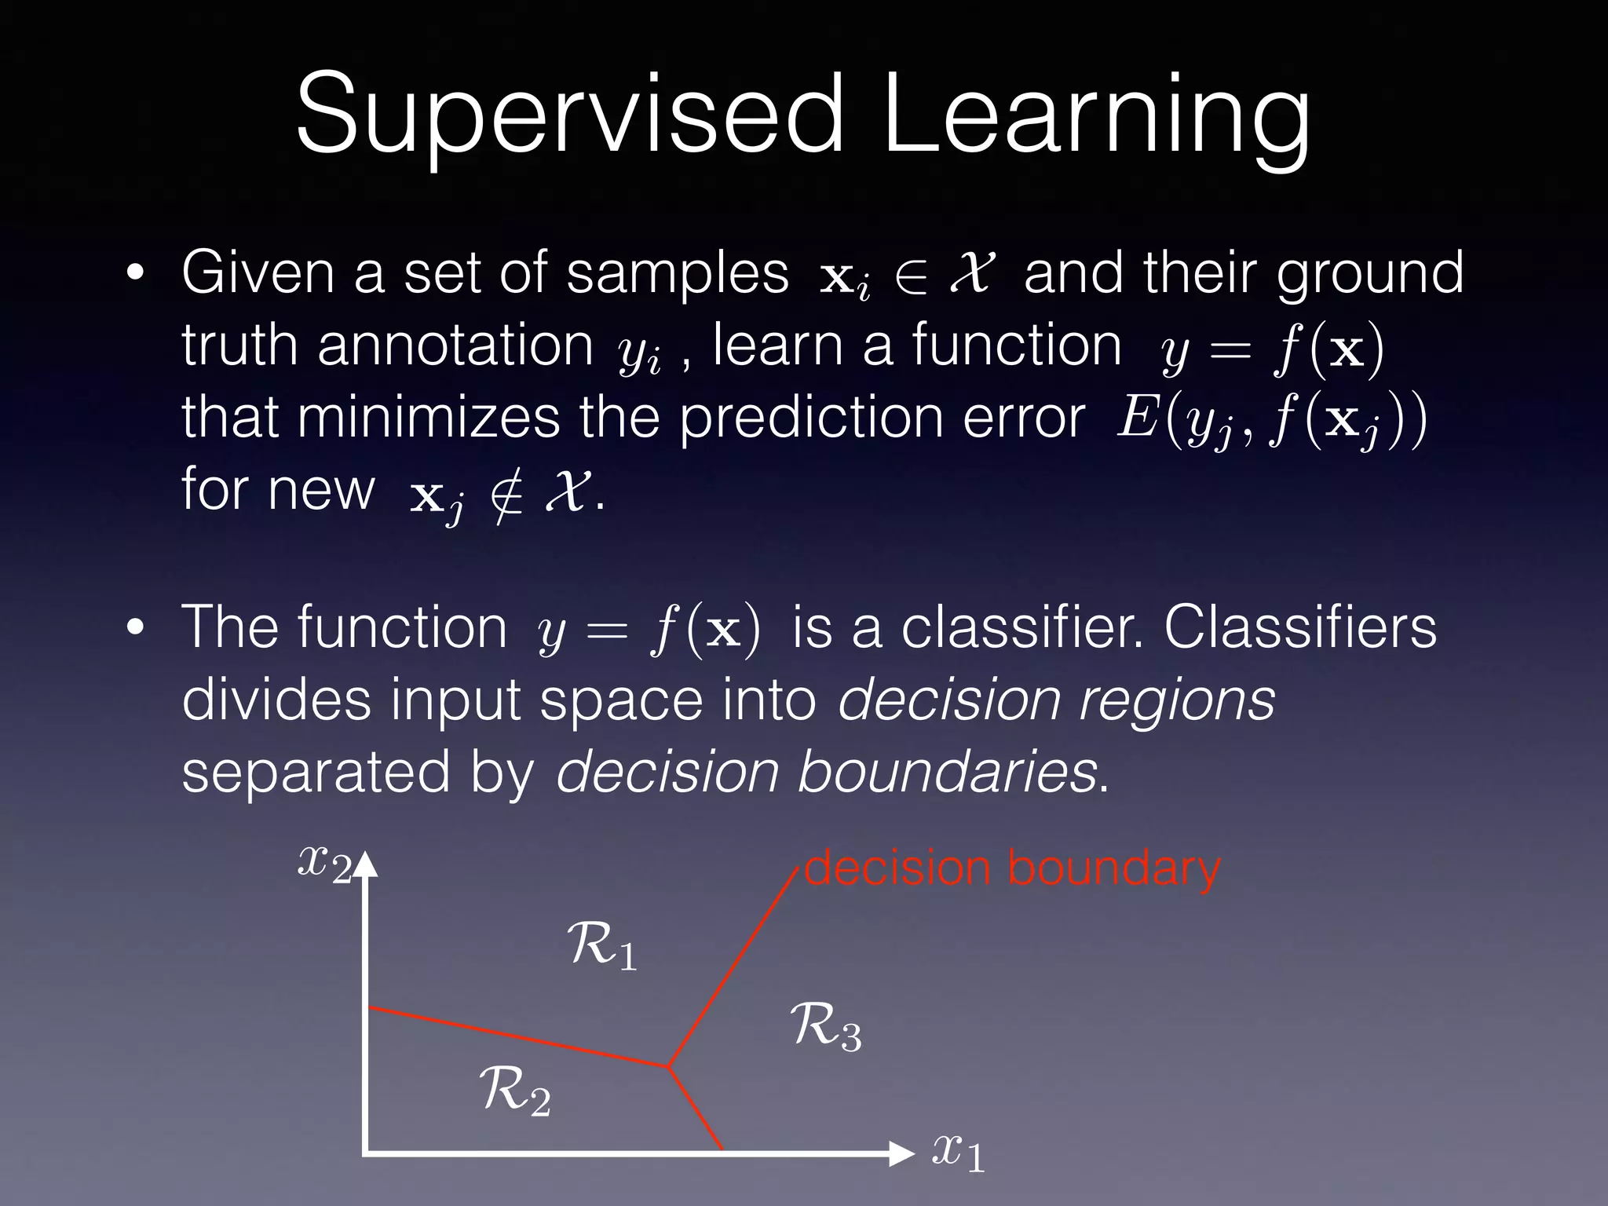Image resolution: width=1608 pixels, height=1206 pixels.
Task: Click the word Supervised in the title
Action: coord(569,114)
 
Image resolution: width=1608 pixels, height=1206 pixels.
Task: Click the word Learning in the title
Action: coord(1095,114)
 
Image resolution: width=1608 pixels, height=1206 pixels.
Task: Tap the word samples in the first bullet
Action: coord(677,273)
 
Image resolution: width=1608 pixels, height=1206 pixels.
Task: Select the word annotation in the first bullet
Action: coord(455,345)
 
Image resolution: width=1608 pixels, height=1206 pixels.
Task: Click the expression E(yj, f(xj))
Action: coord(1272,420)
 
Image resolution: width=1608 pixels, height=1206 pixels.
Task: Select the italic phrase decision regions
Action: coord(1056,700)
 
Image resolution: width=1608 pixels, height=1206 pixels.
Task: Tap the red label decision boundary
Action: coord(1013,869)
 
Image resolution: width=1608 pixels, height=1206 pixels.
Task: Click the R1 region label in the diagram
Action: coord(601,946)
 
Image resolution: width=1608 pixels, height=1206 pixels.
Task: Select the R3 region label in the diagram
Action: coord(825,1026)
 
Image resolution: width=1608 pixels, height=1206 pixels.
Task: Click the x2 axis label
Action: coord(323,864)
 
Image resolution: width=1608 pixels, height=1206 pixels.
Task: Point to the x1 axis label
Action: coord(958,1153)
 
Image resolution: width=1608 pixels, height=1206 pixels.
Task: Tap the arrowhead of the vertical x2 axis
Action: coord(367,864)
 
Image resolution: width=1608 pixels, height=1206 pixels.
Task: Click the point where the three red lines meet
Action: coord(667,1065)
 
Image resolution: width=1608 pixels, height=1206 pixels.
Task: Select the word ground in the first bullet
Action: coord(1370,273)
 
